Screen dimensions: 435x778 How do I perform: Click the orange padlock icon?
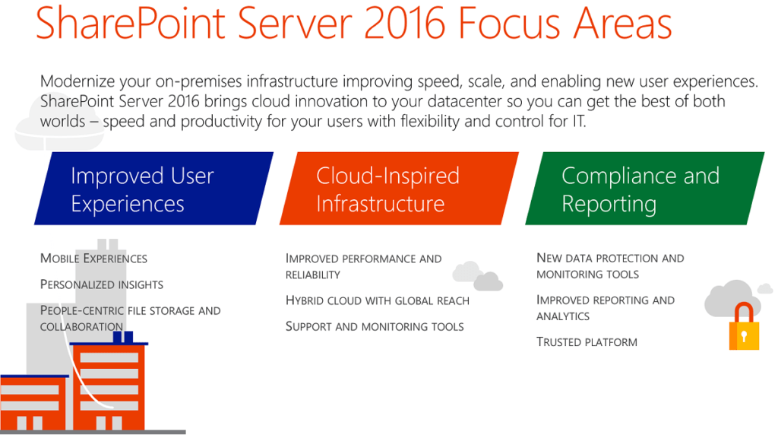744,329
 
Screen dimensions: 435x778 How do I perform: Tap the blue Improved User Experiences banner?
153,189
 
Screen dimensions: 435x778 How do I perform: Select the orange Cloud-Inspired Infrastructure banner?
399,189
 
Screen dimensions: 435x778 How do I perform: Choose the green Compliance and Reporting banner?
644,189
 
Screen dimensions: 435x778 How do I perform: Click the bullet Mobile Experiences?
93,259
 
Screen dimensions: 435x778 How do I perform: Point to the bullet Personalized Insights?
102,284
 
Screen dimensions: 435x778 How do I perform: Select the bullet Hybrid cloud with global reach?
377,300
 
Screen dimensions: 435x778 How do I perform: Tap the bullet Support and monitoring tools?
375,326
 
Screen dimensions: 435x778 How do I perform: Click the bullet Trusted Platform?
587,342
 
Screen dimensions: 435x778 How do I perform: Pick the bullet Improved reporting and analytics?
605,308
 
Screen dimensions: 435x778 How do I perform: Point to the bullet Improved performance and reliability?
363,266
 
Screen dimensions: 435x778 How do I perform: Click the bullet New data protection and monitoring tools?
610,266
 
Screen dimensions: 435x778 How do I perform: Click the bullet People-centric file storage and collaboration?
130,318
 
